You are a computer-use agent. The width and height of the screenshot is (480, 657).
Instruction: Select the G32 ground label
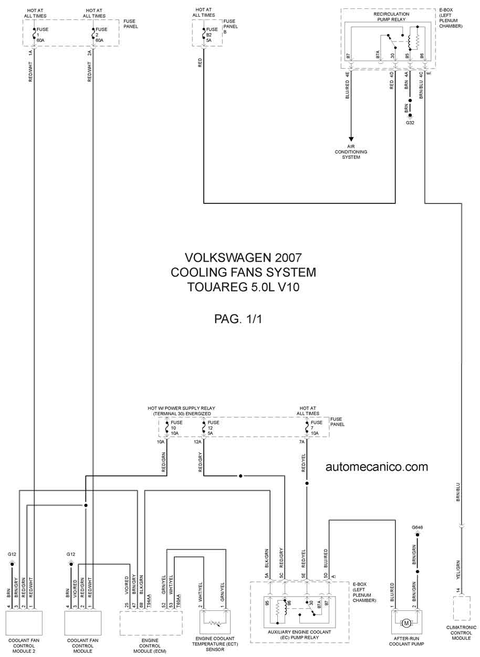410,123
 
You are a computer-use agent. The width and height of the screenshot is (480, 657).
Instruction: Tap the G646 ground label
417,527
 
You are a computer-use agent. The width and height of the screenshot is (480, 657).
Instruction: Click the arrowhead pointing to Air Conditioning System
351,139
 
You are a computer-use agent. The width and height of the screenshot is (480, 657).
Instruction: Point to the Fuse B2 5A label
212,35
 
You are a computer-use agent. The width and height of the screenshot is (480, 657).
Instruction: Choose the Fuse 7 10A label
316,428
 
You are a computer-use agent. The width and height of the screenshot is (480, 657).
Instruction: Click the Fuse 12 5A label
213,428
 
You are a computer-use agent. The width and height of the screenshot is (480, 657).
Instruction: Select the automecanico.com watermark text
377,467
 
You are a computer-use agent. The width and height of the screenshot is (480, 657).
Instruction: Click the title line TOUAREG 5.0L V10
244,287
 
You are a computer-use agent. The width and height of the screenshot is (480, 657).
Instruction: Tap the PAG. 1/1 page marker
238,319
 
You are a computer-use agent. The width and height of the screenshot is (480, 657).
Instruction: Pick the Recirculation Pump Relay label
391,17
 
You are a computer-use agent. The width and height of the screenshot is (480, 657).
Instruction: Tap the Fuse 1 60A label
43,35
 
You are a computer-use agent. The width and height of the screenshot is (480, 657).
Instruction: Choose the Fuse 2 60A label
101,35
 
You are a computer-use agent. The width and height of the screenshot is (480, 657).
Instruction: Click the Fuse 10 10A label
176,428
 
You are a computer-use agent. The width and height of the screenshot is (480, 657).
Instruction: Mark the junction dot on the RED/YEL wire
307,483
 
